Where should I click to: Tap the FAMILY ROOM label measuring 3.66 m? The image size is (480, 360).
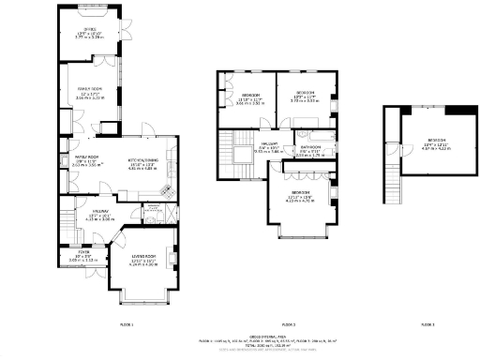(89, 90)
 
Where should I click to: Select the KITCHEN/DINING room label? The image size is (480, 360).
(143, 162)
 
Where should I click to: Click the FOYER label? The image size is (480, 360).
(83, 253)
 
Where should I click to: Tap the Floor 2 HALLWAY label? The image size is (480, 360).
(270, 146)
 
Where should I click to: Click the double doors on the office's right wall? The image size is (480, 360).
(121, 39)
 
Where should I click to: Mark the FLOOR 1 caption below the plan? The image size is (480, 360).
(127, 323)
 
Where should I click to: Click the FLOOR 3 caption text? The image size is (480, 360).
(427, 323)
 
